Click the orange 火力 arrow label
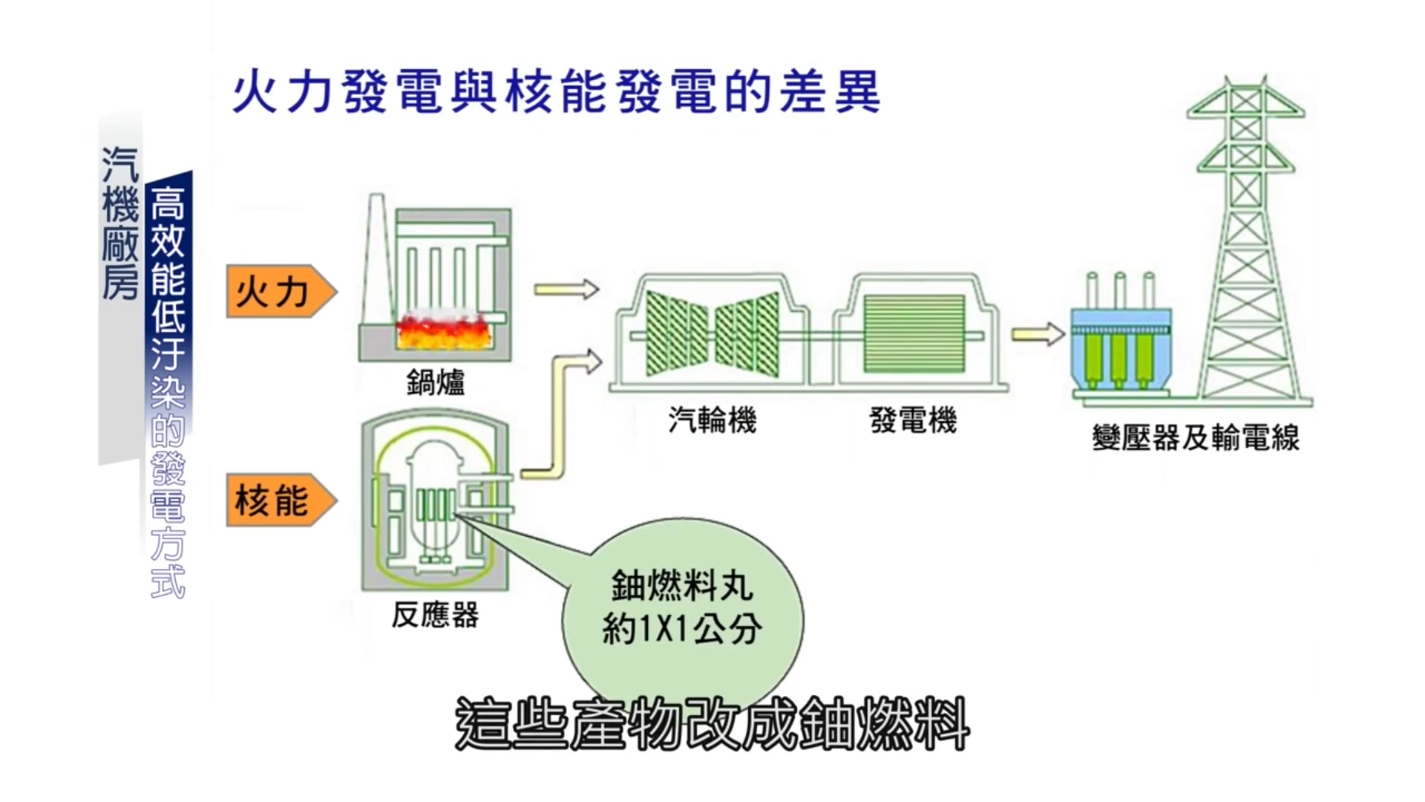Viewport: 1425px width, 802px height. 281,291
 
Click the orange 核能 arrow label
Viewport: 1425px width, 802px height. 281,500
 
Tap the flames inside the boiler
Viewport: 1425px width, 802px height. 443,331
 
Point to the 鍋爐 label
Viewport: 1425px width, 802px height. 436,382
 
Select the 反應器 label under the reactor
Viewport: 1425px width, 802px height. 436,615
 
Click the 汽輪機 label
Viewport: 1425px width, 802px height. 712,420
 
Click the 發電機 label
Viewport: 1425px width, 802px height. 914,420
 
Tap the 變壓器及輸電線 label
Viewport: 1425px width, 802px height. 1196,438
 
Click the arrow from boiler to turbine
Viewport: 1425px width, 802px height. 566,289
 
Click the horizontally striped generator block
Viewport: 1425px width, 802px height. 914,333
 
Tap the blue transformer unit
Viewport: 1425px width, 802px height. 1121,349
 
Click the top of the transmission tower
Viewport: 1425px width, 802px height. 1246,79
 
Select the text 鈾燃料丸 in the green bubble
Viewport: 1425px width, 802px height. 682,586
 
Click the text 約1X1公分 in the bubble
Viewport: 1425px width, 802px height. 682,629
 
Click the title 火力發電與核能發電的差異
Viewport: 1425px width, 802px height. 557,92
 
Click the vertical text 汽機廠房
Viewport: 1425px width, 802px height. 120,223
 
